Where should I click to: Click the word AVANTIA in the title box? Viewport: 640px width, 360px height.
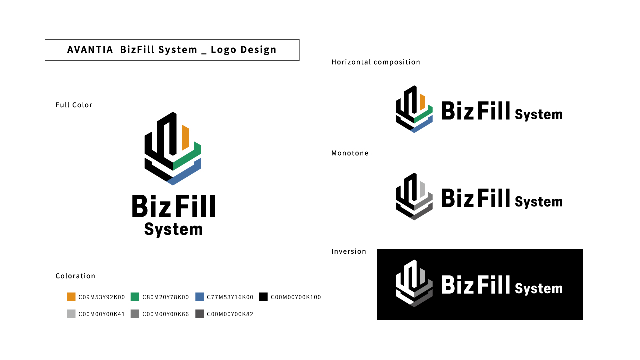pyautogui.click(x=90, y=50)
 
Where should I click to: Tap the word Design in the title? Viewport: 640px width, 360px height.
pyautogui.click(x=258, y=50)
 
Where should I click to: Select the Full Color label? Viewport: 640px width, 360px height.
pyautogui.click(x=74, y=105)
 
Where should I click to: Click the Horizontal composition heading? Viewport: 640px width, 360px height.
pyautogui.click(x=376, y=62)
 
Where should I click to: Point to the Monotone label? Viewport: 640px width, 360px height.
pyautogui.click(x=350, y=153)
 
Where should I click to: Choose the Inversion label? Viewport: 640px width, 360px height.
pyautogui.click(x=349, y=251)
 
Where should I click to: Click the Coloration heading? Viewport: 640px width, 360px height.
pyautogui.click(x=75, y=276)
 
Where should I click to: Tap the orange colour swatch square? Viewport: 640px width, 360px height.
pyautogui.click(x=71, y=297)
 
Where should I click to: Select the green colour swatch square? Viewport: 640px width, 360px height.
pyautogui.click(x=135, y=297)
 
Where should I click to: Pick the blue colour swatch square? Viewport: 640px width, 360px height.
pyautogui.click(x=199, y=297)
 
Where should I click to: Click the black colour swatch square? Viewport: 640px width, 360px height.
pyautogui.click(x=263, y=297)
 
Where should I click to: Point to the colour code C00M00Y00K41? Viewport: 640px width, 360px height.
pyautogui.click(x=102, y=314)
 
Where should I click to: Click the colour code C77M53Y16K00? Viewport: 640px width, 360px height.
pyautogui.click(x=230, y=297)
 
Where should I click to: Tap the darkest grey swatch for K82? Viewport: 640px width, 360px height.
pyautogui.click(x=199, y=314)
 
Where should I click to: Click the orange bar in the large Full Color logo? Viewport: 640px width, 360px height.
pyautogui.click(x=185, y=137)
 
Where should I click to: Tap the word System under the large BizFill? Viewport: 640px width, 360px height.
pyautogui.click(x=173, y=230)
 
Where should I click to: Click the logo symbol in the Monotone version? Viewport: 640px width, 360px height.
pyautogui.click(x=414, y=197)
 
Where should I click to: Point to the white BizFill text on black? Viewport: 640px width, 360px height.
pyautogui.click(x=476, y=285)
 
